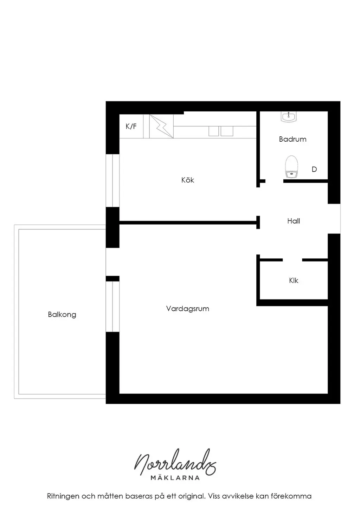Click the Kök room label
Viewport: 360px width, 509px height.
pyautogui.click(x=187, y=180)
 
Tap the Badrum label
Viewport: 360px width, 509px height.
pyautogui.click(x=292, y=139)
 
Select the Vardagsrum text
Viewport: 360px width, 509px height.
pyautogui.click(x=187, y=309)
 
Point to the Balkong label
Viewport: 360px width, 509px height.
pyautogui.click(x=62, y=315)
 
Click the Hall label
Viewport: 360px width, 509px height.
pyautogui.click(x=294, y=221)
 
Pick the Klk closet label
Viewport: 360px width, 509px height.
pyautogui.click(x=294, y=281)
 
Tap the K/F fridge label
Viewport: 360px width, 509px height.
pyautogui.click(x=131, y=126)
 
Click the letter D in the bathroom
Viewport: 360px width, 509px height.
pyautogui.click(x=314, y=169)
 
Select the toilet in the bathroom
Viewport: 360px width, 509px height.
pyautogui.click(x=291, y=166)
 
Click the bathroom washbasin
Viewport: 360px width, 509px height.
pyautogui.click(x=289, y=117)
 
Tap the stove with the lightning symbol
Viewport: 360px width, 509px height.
pyautogui.click(x=161, y=126)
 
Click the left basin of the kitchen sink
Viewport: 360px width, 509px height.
pyautogui.click(x=214, y=131)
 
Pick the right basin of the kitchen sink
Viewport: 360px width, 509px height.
pyautogui.click(x=227, y=131)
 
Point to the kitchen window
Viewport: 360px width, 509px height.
pyautogui.click(x=112, y=180)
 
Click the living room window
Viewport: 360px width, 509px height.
pyautogui.click(x=112, y=307)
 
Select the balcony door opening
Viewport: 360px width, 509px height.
pyautogui.click(x=112, y=262)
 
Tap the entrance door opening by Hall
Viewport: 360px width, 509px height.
pyautogui.click(x=334, y=219)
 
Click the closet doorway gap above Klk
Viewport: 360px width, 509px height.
pyautogui.click(x=292, y=260)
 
